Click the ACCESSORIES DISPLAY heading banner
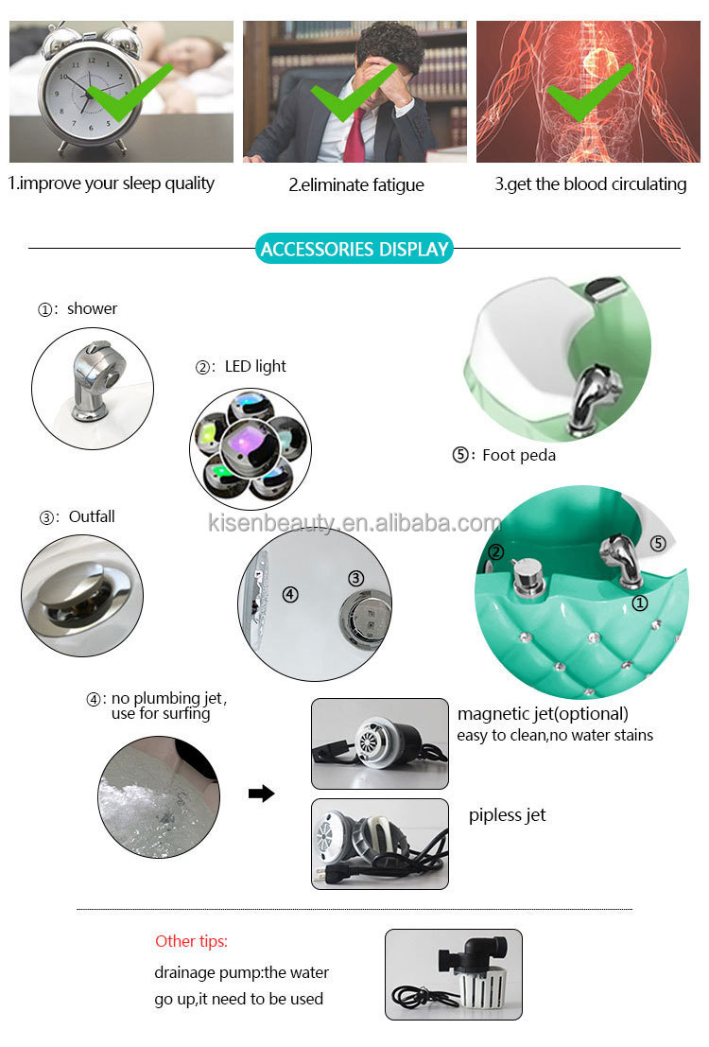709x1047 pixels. pos(354,250)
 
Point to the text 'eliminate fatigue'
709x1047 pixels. pos(356,185)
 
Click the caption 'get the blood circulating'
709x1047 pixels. pos(590,184)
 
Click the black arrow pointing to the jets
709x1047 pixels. pos(261,794)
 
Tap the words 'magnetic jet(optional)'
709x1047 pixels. pos(543,714)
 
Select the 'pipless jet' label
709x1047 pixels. pos(507,815)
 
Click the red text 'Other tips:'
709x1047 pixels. pos(191,942)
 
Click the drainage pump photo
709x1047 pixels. pos(453,973)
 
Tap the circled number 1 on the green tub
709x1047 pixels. pos(640,601)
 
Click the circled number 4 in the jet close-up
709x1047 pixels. pos(290,595)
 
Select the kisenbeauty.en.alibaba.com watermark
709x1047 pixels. pos(354,523)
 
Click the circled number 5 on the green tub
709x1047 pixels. pos(658,544)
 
